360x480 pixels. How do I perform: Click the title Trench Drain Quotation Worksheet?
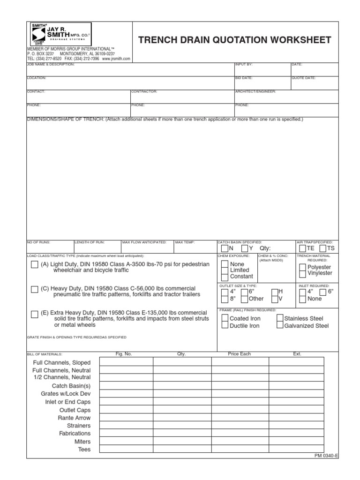point(235,40)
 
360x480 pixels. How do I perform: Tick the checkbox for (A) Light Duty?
point(34,265)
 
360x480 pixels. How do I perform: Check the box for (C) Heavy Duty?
point(34,289)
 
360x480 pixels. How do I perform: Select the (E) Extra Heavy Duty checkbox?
point(34,314)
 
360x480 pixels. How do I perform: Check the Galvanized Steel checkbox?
point(280,326)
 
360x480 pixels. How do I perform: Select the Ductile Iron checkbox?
point(225,326)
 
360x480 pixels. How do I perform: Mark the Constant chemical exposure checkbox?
point(225,277)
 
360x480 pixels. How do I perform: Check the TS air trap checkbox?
point(323,248)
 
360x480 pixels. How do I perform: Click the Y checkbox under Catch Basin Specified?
point(245,248)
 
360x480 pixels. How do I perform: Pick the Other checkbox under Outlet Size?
point(244,299)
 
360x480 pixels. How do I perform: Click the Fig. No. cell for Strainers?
point(125,425)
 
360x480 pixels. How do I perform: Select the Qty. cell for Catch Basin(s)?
point(182,385)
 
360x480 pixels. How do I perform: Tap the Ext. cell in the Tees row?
point(296,449)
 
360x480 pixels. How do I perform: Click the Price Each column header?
point(239,354)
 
